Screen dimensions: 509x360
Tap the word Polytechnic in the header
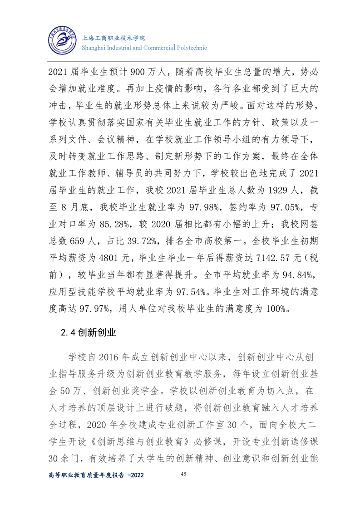pyautogui.click(x=191, y=48)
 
